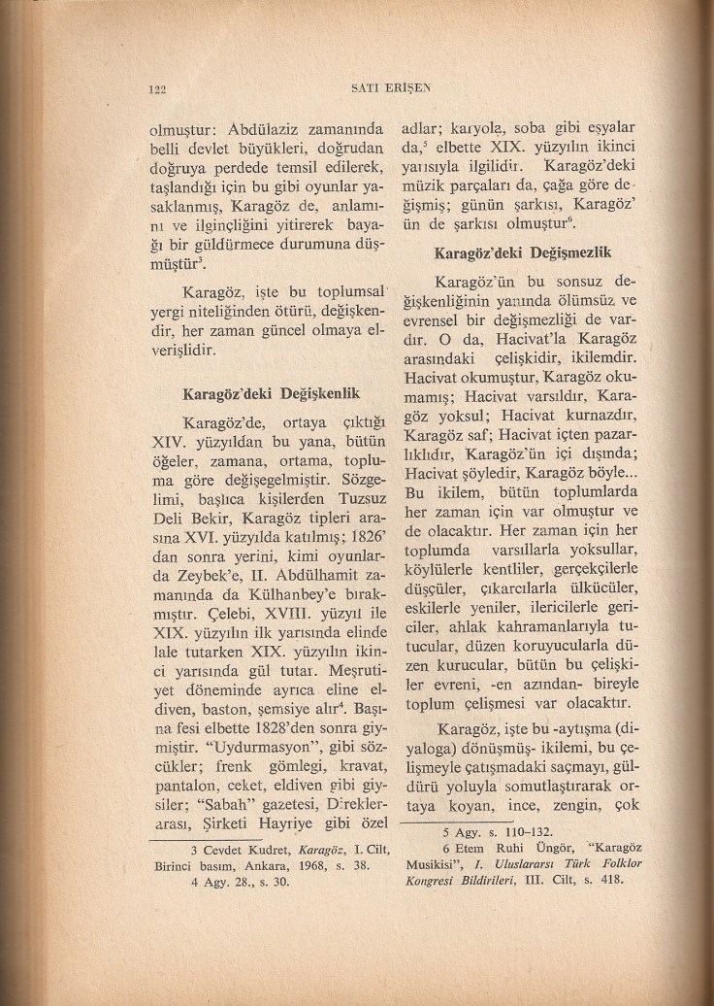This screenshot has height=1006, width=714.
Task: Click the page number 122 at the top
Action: coord(155,89)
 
